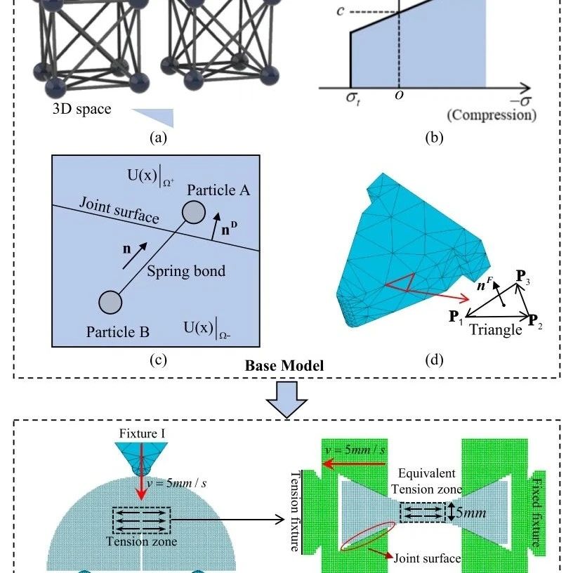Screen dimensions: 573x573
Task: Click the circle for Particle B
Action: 110,302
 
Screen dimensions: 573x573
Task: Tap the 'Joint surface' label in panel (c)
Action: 119,210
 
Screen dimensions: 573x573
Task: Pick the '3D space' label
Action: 81,109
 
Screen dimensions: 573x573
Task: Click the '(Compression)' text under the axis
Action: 492,114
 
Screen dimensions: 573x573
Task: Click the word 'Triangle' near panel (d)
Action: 496,329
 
